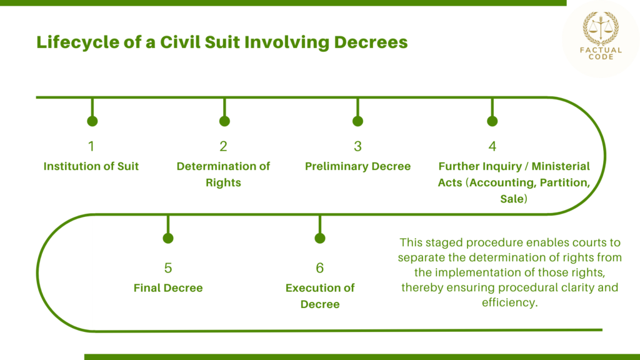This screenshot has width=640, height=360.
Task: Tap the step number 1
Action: click(91, 147)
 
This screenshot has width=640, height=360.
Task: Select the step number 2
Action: click(223, 147)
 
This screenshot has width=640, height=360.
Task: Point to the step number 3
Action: click(357, 147)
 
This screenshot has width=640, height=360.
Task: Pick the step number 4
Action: click(492, 147)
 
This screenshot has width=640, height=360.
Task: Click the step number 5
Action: click(168, 268)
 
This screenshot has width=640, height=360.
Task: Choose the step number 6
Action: click(320, 268)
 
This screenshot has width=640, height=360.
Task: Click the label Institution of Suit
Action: click(91, 166)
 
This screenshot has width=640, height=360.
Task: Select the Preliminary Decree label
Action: click(357, 166)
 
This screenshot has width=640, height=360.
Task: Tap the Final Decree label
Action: click(168, 288)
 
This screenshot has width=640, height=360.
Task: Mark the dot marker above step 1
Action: click(92, 121)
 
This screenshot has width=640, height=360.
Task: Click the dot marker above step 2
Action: click(224, 121)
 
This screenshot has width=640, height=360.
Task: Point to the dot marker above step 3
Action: click(357, 121)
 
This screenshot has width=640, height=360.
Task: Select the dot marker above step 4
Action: click(492, 121)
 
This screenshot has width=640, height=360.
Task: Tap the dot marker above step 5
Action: click(168, 238)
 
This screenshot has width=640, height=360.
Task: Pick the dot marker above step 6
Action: click(320, 238)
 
